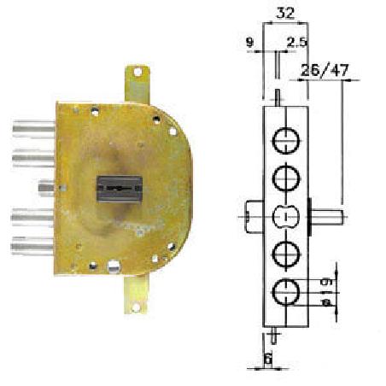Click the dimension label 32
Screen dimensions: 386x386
coord(285,13)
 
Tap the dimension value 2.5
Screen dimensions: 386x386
coord(297,43)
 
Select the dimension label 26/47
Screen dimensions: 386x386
coord(325,70)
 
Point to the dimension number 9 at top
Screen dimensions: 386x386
coord(249,43)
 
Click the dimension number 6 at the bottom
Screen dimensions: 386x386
coord(268,360)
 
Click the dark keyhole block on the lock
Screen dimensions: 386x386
coord(120,189)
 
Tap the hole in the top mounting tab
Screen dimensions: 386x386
coord(137,72)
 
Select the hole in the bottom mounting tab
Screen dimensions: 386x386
coord(136,307)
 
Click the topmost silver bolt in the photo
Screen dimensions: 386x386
coord(33,129)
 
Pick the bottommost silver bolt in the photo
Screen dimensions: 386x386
coord(32,247)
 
